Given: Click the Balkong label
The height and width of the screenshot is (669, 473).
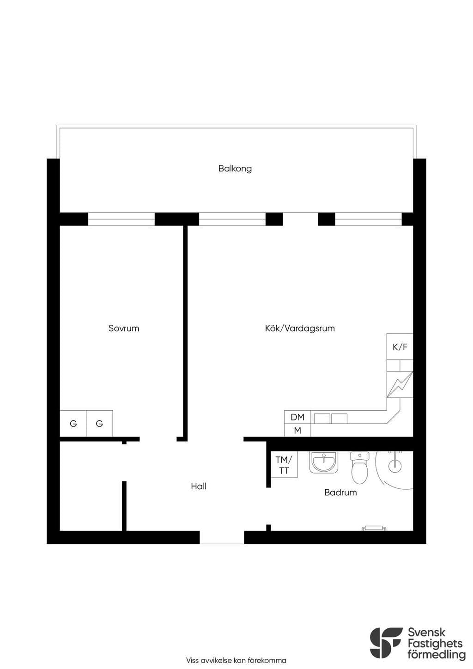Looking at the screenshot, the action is [x=235, y=169].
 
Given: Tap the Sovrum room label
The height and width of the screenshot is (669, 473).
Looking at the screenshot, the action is [x=124, y=328].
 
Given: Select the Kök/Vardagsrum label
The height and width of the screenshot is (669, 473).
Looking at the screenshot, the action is [x=300, y=328].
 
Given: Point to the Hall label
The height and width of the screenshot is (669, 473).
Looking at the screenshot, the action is [x=199, y=486].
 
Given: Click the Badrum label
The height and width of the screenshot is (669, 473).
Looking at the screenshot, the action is [x=340, y=492].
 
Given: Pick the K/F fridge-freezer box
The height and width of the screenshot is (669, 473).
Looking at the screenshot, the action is [x=400, y=347].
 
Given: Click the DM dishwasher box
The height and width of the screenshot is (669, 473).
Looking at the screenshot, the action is [x=297, y=417].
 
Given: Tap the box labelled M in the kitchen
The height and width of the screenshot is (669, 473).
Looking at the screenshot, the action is [x=297, y=431].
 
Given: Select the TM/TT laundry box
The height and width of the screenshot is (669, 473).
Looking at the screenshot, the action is [x=284, y=464].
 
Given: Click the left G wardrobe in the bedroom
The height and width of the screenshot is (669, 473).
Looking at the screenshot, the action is [x=73, y=424].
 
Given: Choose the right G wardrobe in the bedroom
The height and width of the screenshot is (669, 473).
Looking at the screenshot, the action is [x=99, y=424].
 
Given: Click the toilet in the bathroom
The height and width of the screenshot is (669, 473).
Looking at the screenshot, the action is [x=360, y=468].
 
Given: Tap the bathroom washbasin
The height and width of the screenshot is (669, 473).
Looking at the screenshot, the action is [x=324, y=462].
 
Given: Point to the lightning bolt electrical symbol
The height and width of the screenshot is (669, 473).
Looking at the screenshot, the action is [x=400, y=385].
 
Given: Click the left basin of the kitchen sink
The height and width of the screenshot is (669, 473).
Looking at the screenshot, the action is [x=322, y=419].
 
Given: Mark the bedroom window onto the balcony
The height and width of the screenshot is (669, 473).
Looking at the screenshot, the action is [x=121, y=219].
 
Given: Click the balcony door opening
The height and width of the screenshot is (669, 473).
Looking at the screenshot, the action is [x=300, y=219].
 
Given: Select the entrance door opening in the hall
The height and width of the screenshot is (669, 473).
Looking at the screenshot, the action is [x=222, y=537].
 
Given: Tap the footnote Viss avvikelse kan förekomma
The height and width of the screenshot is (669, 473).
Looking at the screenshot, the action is [x=236, y=660].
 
